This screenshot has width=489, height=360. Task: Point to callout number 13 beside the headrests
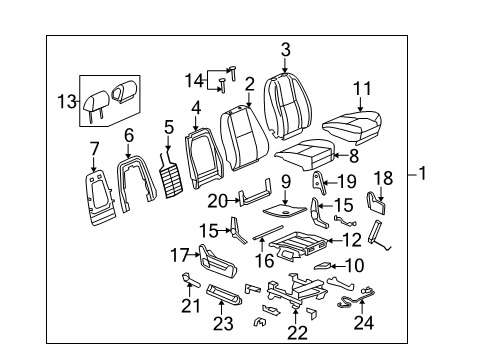(67, 100)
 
